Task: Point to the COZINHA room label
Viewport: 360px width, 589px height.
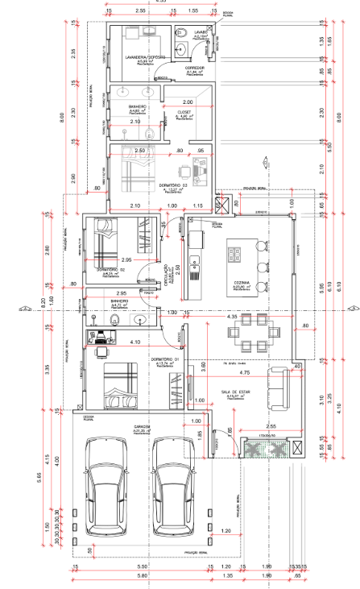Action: pyautogui.click(x=242, y=283)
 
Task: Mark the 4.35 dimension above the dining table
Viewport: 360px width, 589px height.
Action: pyautogui.click(x=232, y=317)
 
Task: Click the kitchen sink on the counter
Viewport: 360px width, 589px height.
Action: pyautogui.click(x=195, y=261)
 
